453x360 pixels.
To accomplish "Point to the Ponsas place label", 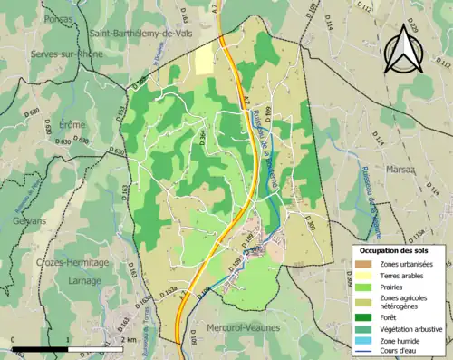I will pos(43,18).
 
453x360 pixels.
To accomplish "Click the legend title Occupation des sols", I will pos(394,250).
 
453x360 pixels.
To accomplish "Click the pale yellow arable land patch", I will pos(205,59).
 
